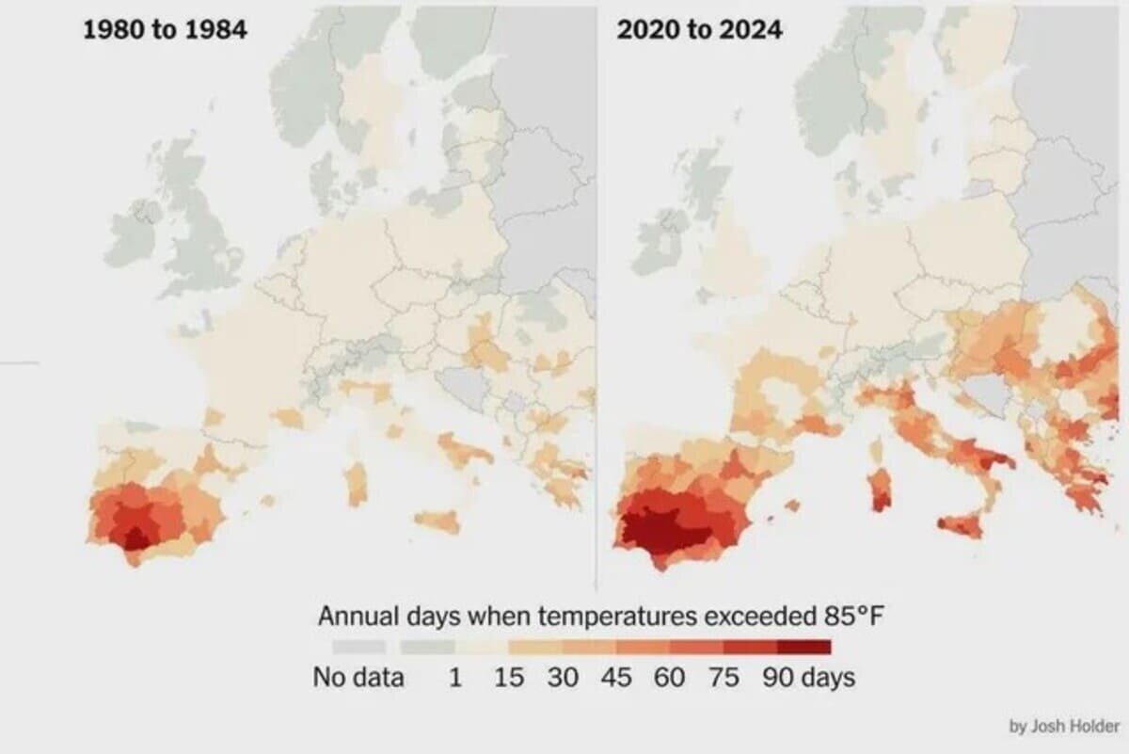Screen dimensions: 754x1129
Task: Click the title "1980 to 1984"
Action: click(x=165, y=29)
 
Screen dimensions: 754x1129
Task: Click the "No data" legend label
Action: click(x=358, y=677)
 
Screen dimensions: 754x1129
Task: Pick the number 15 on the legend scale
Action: click(x=509, y=677)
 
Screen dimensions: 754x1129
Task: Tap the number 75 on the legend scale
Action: click(x=724, y=677)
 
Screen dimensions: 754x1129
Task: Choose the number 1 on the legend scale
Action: click(x=455, y=677)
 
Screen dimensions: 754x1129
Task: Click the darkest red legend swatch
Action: click(x=804, y=647)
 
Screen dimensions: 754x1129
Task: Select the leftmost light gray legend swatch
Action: click(x=358, y=647)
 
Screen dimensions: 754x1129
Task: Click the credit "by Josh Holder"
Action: click(x=1064, y=726)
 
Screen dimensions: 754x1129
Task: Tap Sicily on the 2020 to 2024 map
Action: click(x=960, y=523)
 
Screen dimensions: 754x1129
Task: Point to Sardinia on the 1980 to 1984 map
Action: click(x=356, y=484)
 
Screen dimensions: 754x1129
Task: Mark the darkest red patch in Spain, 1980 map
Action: click(x=135, y=537)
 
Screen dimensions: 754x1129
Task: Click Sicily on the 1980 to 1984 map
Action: click(x=438, y=520)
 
